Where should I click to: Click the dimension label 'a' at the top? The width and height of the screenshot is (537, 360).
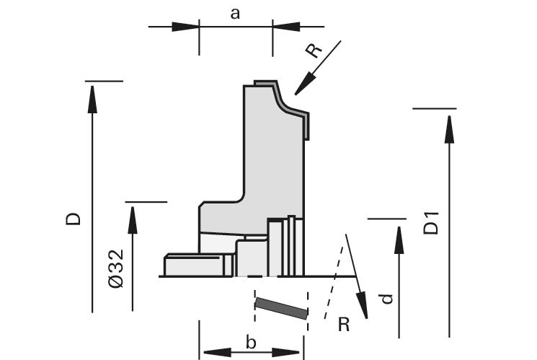[235, 14]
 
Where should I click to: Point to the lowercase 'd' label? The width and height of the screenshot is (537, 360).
[388, 297]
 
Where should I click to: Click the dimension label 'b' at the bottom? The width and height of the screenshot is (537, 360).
[251, 342]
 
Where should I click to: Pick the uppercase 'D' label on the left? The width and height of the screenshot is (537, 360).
[73, 219]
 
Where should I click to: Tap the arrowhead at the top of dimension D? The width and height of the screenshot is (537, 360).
[92, 98]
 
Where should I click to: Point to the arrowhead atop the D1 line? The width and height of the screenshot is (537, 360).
[449, 126]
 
